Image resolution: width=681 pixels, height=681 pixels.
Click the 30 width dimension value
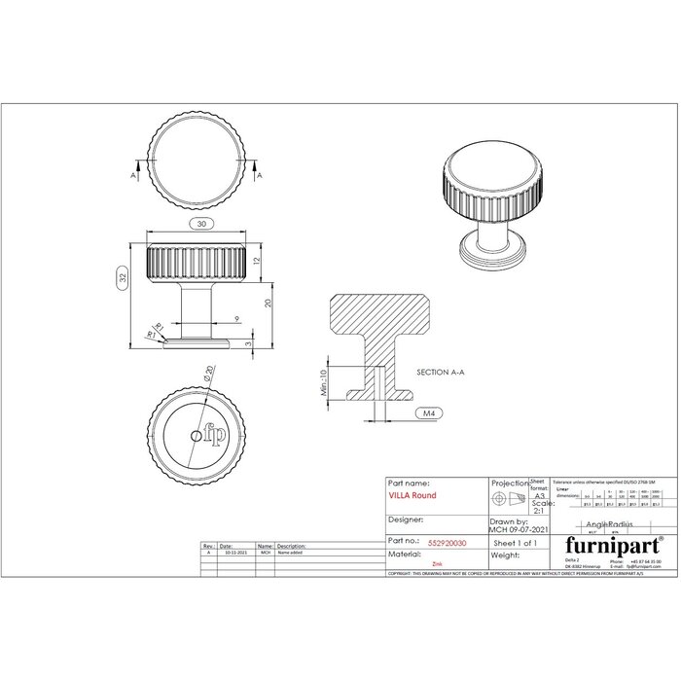[x=200, y=225]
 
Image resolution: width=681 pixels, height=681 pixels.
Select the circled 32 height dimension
[x=124, y=277]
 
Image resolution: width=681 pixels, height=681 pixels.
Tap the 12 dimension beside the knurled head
[x=259, y=262]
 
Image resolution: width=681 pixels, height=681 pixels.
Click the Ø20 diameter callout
[x=209, y=374]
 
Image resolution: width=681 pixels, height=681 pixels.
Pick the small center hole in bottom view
[x=197, y=436]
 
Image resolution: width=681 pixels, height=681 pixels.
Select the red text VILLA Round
[x=412, y=495]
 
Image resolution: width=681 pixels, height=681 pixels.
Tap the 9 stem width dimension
[x=236, y=319]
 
